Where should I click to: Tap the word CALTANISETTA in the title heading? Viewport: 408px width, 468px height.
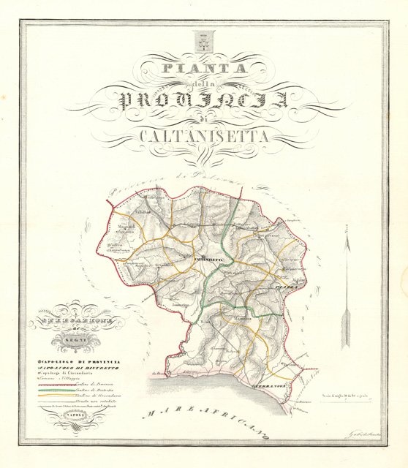204,135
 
